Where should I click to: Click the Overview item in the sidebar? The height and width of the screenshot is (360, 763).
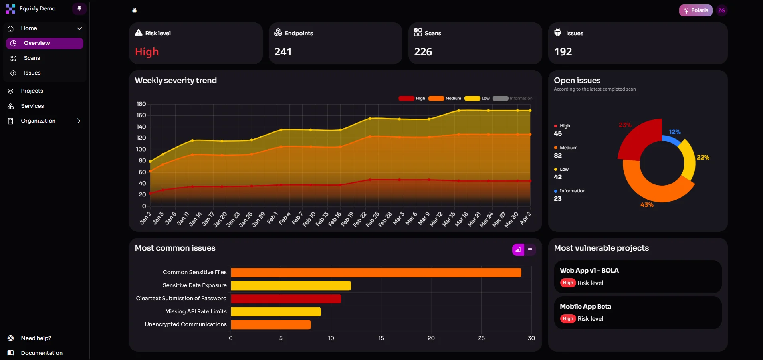coord(37,43)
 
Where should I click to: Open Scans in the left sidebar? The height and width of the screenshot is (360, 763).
coord(32,58)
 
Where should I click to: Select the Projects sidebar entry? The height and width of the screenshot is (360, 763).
coord(32,91)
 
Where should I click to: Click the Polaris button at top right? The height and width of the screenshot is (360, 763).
coord(696,10)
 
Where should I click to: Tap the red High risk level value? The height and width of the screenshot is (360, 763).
coord(147,52)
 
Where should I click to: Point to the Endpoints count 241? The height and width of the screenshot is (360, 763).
coord(283,52)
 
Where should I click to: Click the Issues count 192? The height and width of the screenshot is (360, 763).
coord(563,52)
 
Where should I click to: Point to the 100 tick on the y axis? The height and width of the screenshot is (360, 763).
coord(141,149)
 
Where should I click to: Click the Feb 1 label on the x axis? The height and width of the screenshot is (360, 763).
coord(272,218)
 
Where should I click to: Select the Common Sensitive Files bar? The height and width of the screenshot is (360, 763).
coord(376,273)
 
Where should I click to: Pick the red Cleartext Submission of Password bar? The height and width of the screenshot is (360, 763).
coord(286,299)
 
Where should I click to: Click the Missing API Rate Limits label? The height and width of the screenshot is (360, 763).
coord(196,311)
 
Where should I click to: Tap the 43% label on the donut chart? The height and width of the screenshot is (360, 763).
coord(647,205)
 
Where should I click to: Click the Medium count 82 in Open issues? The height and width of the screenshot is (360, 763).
coord(558,156)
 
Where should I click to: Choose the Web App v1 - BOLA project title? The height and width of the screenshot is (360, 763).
coord(589,271)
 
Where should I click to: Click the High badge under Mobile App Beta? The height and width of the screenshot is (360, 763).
coord(568,318)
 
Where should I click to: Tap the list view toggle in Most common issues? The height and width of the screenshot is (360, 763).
coord(530,250)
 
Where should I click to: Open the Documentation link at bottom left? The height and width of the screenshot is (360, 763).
coord(42,353)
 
